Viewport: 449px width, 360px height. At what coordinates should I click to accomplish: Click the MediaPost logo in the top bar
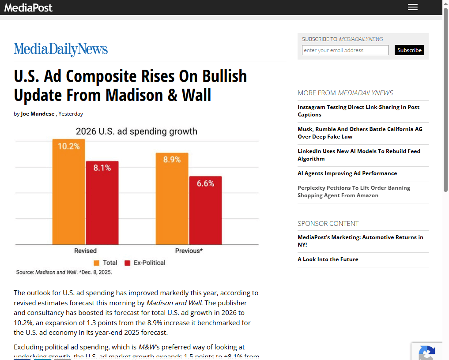coord(29,7)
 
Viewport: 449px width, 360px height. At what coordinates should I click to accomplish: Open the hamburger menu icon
coord(412,7)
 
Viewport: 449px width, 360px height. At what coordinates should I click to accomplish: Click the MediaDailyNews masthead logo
coord(61,49)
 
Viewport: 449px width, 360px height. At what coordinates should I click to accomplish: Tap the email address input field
coord(345,50)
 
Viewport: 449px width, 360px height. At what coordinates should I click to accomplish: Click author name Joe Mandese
coord(38,114)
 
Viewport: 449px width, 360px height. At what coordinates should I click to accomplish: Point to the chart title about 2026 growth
coord(136,131)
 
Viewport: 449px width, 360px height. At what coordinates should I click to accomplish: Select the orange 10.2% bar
coord(68,192)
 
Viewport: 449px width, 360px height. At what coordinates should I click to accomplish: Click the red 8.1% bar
coord(102,203)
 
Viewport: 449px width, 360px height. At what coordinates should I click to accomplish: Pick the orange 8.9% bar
coord(172,199)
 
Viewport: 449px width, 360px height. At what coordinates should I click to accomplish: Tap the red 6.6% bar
coord(205,210)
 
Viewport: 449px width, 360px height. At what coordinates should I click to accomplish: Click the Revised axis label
coord(85,251)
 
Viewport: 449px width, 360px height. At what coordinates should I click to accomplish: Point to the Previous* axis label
coord(189,251)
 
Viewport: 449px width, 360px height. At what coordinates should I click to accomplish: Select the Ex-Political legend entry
coord(145,262)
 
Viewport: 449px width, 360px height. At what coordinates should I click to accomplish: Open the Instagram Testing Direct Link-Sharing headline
coord(358,111)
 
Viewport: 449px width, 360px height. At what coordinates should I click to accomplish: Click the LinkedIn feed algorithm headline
coord(358,155)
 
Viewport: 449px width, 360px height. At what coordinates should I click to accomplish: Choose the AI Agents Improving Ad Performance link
coord(347,173)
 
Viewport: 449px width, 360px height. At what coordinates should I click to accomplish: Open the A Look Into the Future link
coord(328,259)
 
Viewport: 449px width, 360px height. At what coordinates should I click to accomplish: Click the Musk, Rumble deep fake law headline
coord(360,133)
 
